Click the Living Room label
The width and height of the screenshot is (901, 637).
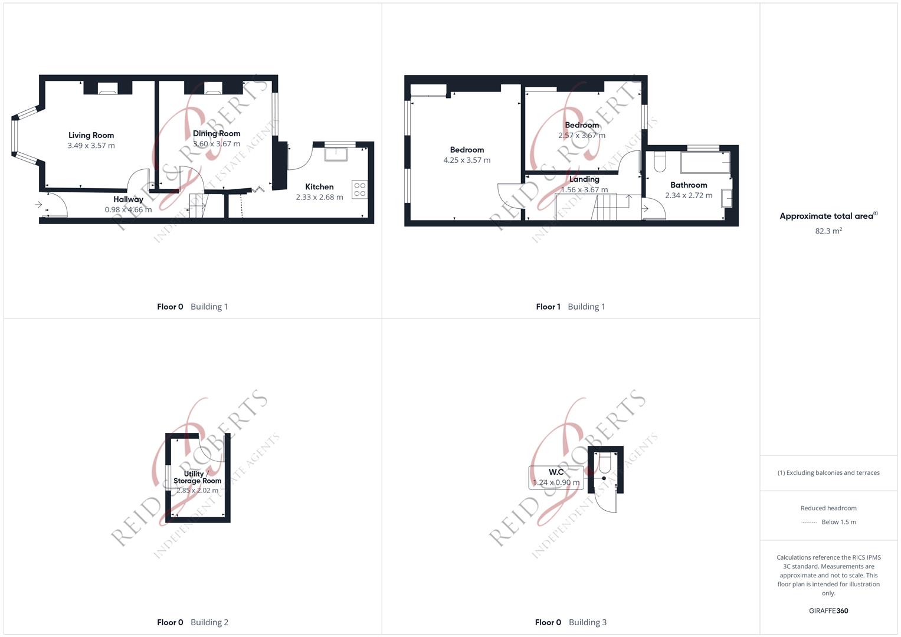coord(91,135)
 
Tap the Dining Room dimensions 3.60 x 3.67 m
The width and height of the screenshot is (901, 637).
coord(217,144)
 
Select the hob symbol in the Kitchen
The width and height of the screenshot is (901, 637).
coord(359,189)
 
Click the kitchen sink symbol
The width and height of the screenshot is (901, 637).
coord(336,154)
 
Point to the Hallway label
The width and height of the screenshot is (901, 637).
coord(128,199)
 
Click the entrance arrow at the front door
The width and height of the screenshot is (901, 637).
coord(39,205)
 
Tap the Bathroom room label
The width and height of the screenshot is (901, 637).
coord(688,185)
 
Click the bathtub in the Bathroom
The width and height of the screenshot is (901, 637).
coord(705,162)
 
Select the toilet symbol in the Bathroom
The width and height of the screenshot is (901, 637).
coord(660,161)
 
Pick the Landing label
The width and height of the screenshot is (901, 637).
coord(584,179)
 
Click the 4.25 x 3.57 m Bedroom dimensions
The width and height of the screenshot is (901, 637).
coord(467,160)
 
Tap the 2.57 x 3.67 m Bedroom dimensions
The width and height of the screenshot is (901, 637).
coord(582,136)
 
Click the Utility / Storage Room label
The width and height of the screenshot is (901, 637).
coord(197,477)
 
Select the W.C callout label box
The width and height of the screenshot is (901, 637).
coord(556,477)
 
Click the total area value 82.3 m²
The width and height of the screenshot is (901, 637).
coord(828,231)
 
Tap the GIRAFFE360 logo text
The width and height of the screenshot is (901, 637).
coord(828,611)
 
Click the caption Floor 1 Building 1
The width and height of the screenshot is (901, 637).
coord(570,307)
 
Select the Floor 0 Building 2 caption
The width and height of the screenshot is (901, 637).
coord(192,622)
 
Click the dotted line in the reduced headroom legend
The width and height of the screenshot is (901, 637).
coord(809,522)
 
